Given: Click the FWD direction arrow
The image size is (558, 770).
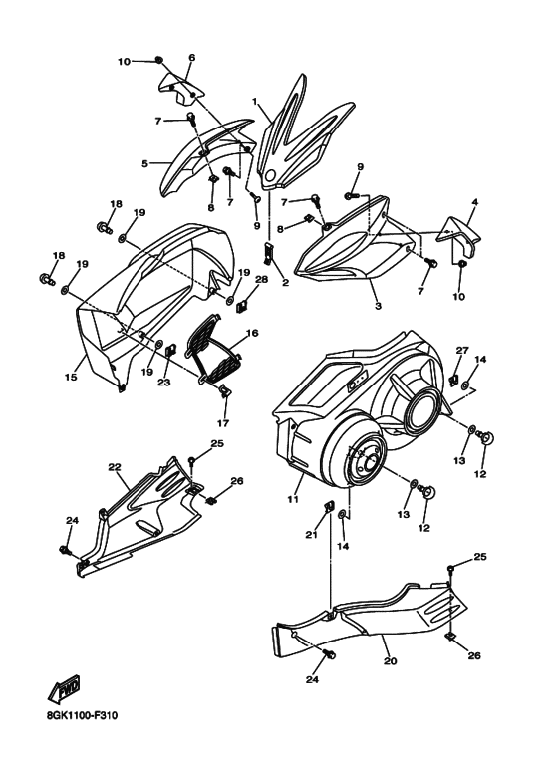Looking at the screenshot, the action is coord(64,690).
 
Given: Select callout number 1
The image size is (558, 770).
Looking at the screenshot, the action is coord(255,102).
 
